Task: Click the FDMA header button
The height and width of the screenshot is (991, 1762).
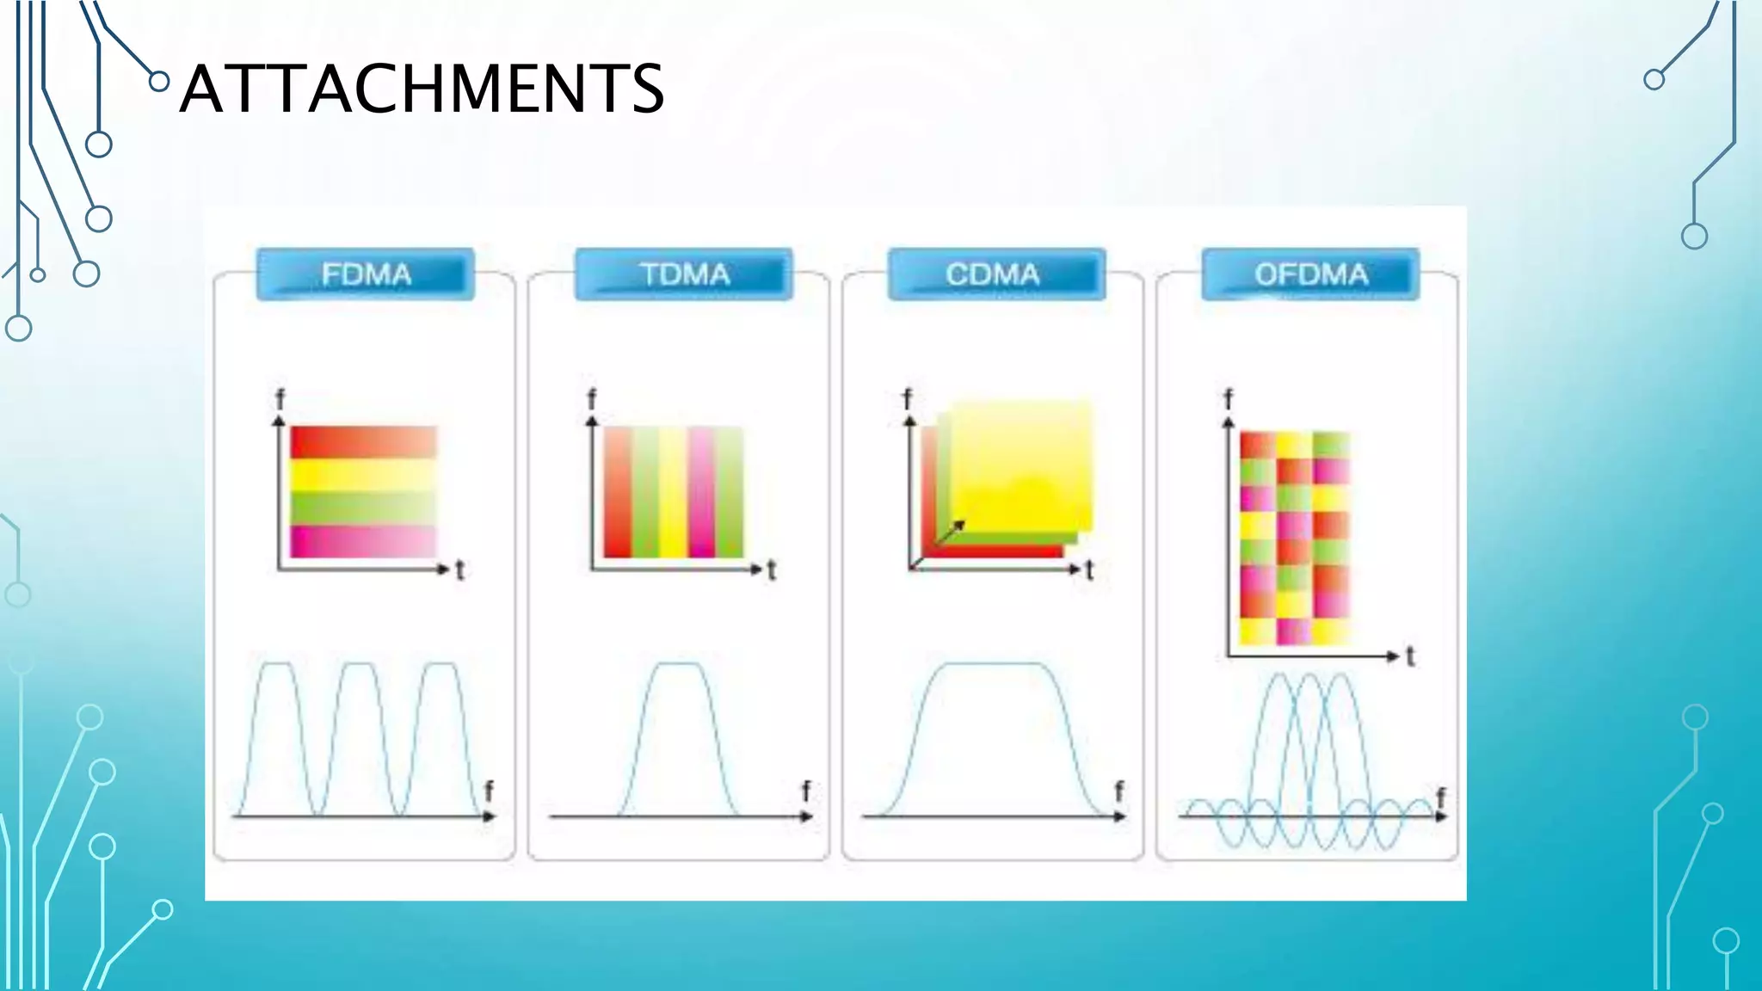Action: [x=366, y=274]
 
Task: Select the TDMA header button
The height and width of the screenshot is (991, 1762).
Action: [x=684, y=274]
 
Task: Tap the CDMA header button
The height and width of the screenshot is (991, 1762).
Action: [x=996, y=274]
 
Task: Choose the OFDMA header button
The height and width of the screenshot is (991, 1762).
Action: [x=1310, y=274]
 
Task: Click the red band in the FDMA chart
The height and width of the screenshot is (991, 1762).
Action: [x=363, y=442]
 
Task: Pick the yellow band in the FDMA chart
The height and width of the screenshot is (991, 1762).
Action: [x=363, y=475]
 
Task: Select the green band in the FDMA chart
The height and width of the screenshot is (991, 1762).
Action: [x=363, y=508]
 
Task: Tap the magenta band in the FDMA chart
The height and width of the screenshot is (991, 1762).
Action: [x=363, y=542]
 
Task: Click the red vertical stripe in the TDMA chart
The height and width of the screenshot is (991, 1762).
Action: [x=618, y=492]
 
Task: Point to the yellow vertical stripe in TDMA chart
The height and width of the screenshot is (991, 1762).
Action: [x=673, y=492]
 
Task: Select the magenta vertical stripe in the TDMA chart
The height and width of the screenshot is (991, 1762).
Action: [x=700, y=492]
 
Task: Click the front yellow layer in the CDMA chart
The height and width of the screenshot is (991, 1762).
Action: [x=1022, y=465]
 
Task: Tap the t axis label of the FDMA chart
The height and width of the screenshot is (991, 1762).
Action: [x=460, y=569]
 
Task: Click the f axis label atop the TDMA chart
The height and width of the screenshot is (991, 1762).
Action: [x=591, y=399]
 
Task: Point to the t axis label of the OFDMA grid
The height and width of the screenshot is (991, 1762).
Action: [x=1410, y=657]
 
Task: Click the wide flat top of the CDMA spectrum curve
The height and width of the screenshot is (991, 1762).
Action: [x=994, y=665]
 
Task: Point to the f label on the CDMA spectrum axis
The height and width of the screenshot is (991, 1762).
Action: [x=1118, y=791]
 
